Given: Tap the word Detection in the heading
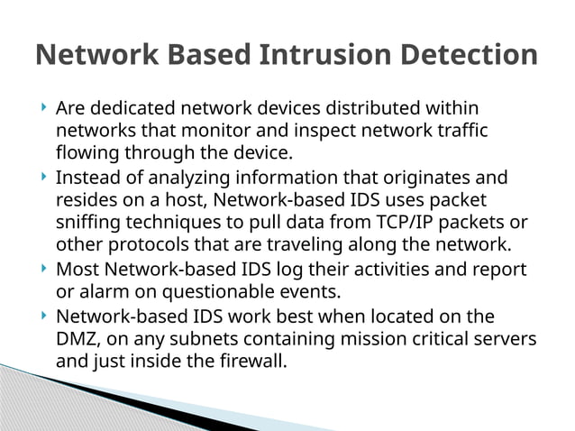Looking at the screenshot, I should tap(469, 55).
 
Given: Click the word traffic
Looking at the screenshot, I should tap(460, 131).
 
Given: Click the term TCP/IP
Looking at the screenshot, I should tap(414, 222).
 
